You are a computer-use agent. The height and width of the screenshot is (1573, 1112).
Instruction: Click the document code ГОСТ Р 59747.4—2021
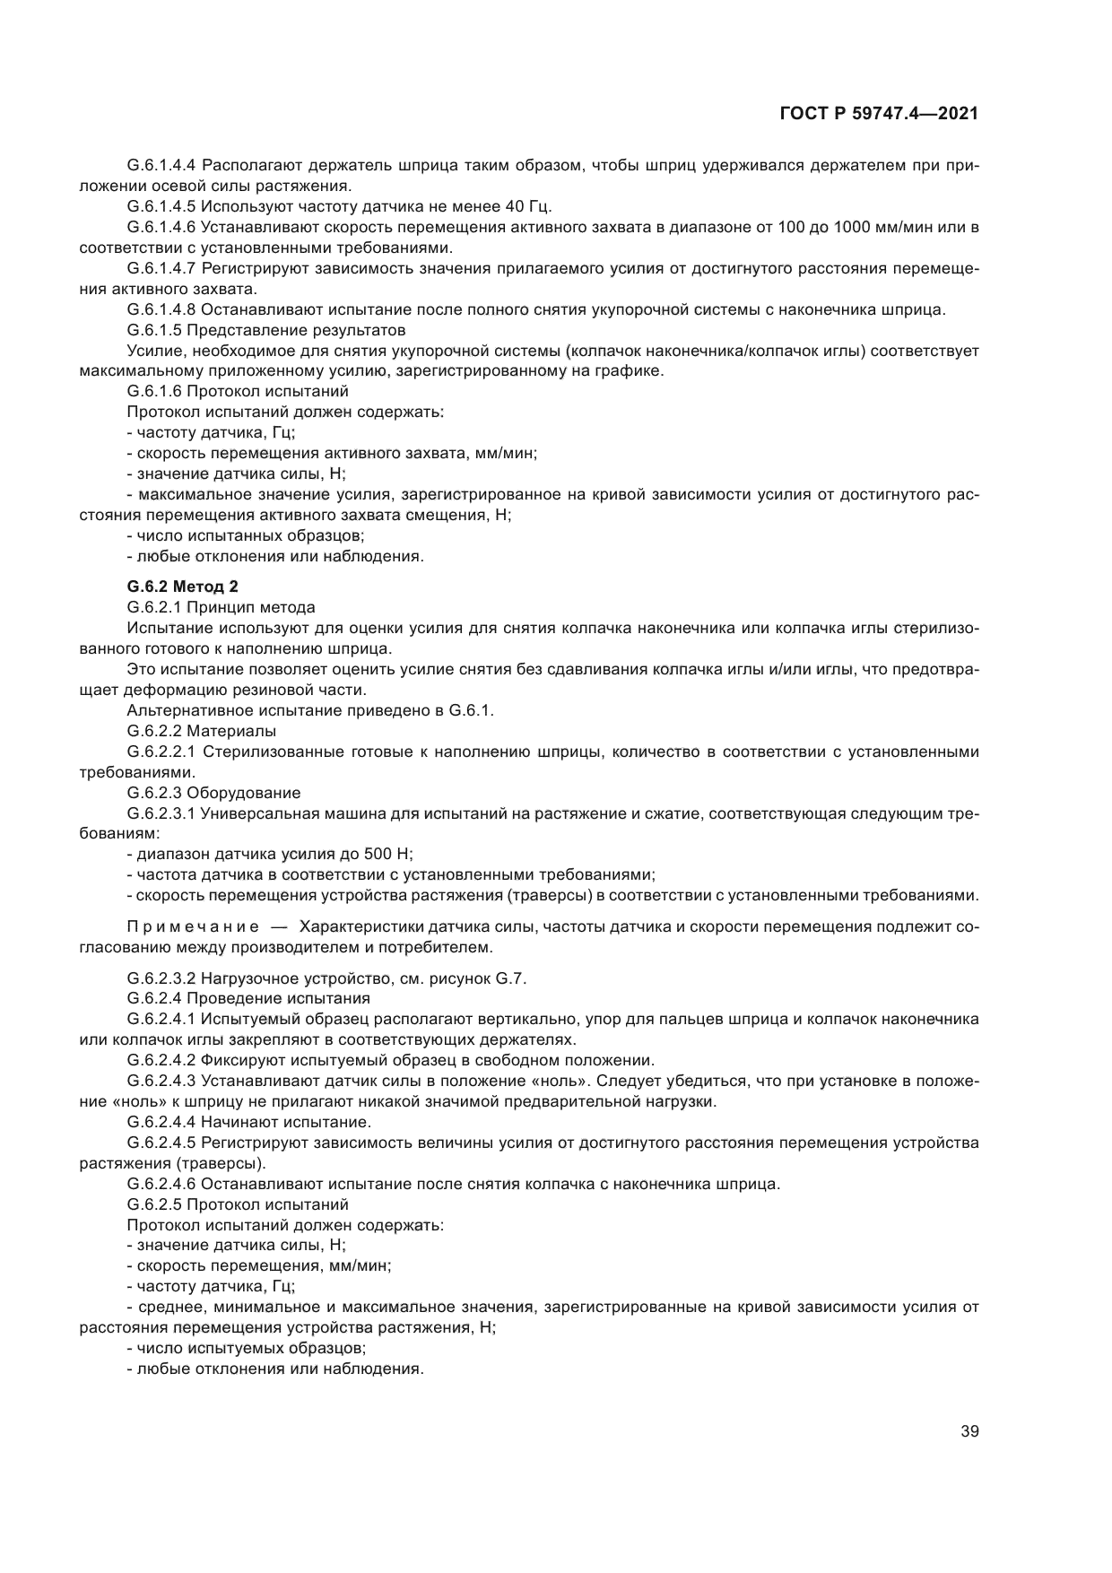point(879,114)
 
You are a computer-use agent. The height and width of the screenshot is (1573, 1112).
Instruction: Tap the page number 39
point(969,1431)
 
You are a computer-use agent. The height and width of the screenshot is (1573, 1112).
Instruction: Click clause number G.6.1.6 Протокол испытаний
point(238,391)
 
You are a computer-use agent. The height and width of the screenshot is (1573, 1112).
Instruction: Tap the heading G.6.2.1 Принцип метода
point(222,608)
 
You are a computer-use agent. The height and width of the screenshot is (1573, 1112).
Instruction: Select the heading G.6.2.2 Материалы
point(202,731)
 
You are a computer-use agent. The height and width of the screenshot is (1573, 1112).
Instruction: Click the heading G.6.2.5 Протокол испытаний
point(238,1204)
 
